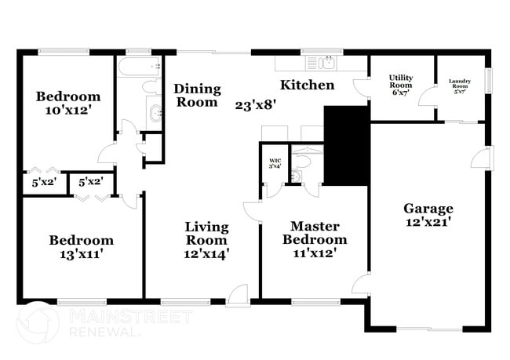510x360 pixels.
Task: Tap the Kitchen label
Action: click(308, 85)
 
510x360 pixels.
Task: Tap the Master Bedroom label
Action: click(314, 233)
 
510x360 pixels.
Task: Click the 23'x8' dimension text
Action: click(256, 104)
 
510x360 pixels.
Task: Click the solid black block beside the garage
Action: click(346, 145)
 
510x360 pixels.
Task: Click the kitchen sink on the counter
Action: click(321, 62)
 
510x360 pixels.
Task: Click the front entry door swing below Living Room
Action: click(237, 294)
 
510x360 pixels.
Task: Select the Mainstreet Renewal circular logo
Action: click(38, 322)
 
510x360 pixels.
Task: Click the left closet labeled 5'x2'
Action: click(45, 183)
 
